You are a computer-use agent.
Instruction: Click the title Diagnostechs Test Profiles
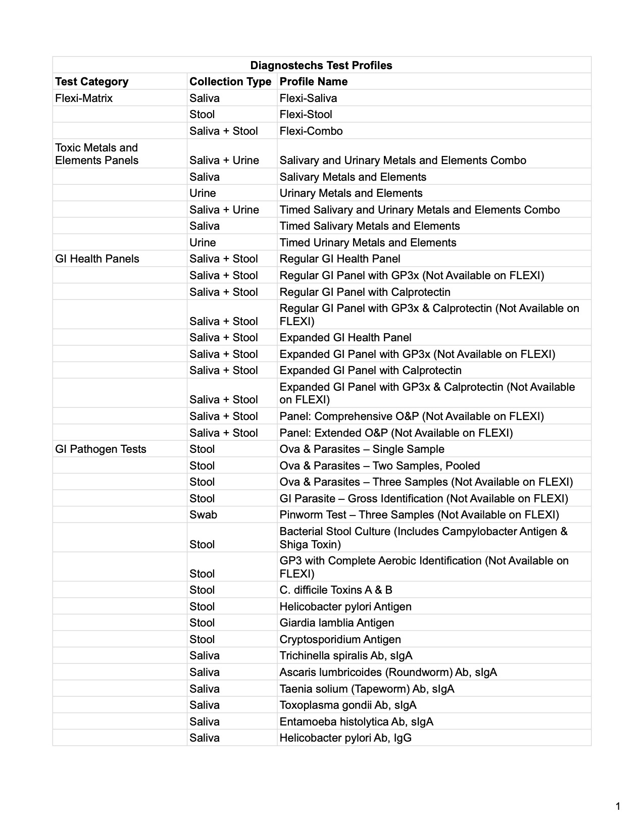[x=321, y=65]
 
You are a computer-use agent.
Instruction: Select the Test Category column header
[x=91, y=81]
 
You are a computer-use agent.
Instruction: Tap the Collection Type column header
[x=230, y=81]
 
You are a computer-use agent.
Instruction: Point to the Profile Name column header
[x=314, y=81]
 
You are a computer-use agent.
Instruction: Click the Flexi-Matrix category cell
[x=84, y=98]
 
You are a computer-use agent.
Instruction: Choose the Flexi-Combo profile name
[x=311, y=131]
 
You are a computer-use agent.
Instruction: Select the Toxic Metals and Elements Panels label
[x=96, y=154]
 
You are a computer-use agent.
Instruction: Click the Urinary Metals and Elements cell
[x=351, y=193]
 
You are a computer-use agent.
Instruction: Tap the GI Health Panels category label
[x=97, y=258]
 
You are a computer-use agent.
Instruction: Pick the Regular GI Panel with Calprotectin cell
[x=365, y=292]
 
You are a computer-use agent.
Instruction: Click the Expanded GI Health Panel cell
[x=345, y=337]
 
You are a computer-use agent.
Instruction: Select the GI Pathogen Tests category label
[x=101, y=449]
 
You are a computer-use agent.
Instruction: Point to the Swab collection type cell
[x=203, y=514]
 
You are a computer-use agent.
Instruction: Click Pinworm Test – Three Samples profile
[x=419, y=514]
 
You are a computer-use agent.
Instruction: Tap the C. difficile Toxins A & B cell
[x=336, y=590]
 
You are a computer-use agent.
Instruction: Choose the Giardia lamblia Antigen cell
[x=337, y=622]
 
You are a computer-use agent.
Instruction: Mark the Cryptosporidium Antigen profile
[x=340, y=639]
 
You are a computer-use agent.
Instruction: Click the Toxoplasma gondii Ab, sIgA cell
[x=348, y=705]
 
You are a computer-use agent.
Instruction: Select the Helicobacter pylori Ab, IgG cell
[x=345, y=738]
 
